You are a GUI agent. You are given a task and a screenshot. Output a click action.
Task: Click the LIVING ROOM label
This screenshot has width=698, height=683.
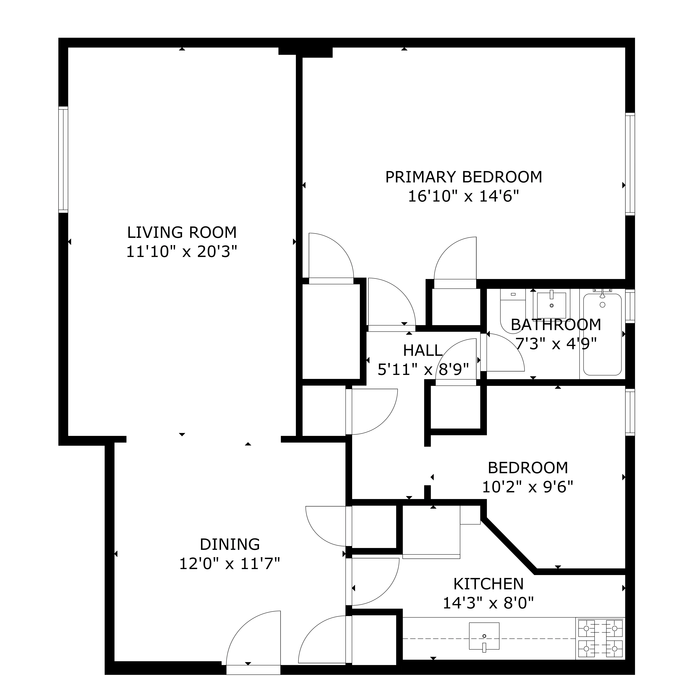(182, 232)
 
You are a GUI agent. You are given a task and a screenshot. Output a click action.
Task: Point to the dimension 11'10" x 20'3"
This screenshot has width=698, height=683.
(182, 252)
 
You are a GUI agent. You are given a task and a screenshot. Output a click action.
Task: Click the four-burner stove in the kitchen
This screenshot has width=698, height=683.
(600, 638)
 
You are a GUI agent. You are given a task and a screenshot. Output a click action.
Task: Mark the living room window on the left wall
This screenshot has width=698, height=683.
(63, 160)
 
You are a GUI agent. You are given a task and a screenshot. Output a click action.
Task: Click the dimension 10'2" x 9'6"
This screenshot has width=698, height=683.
(528, 487)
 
